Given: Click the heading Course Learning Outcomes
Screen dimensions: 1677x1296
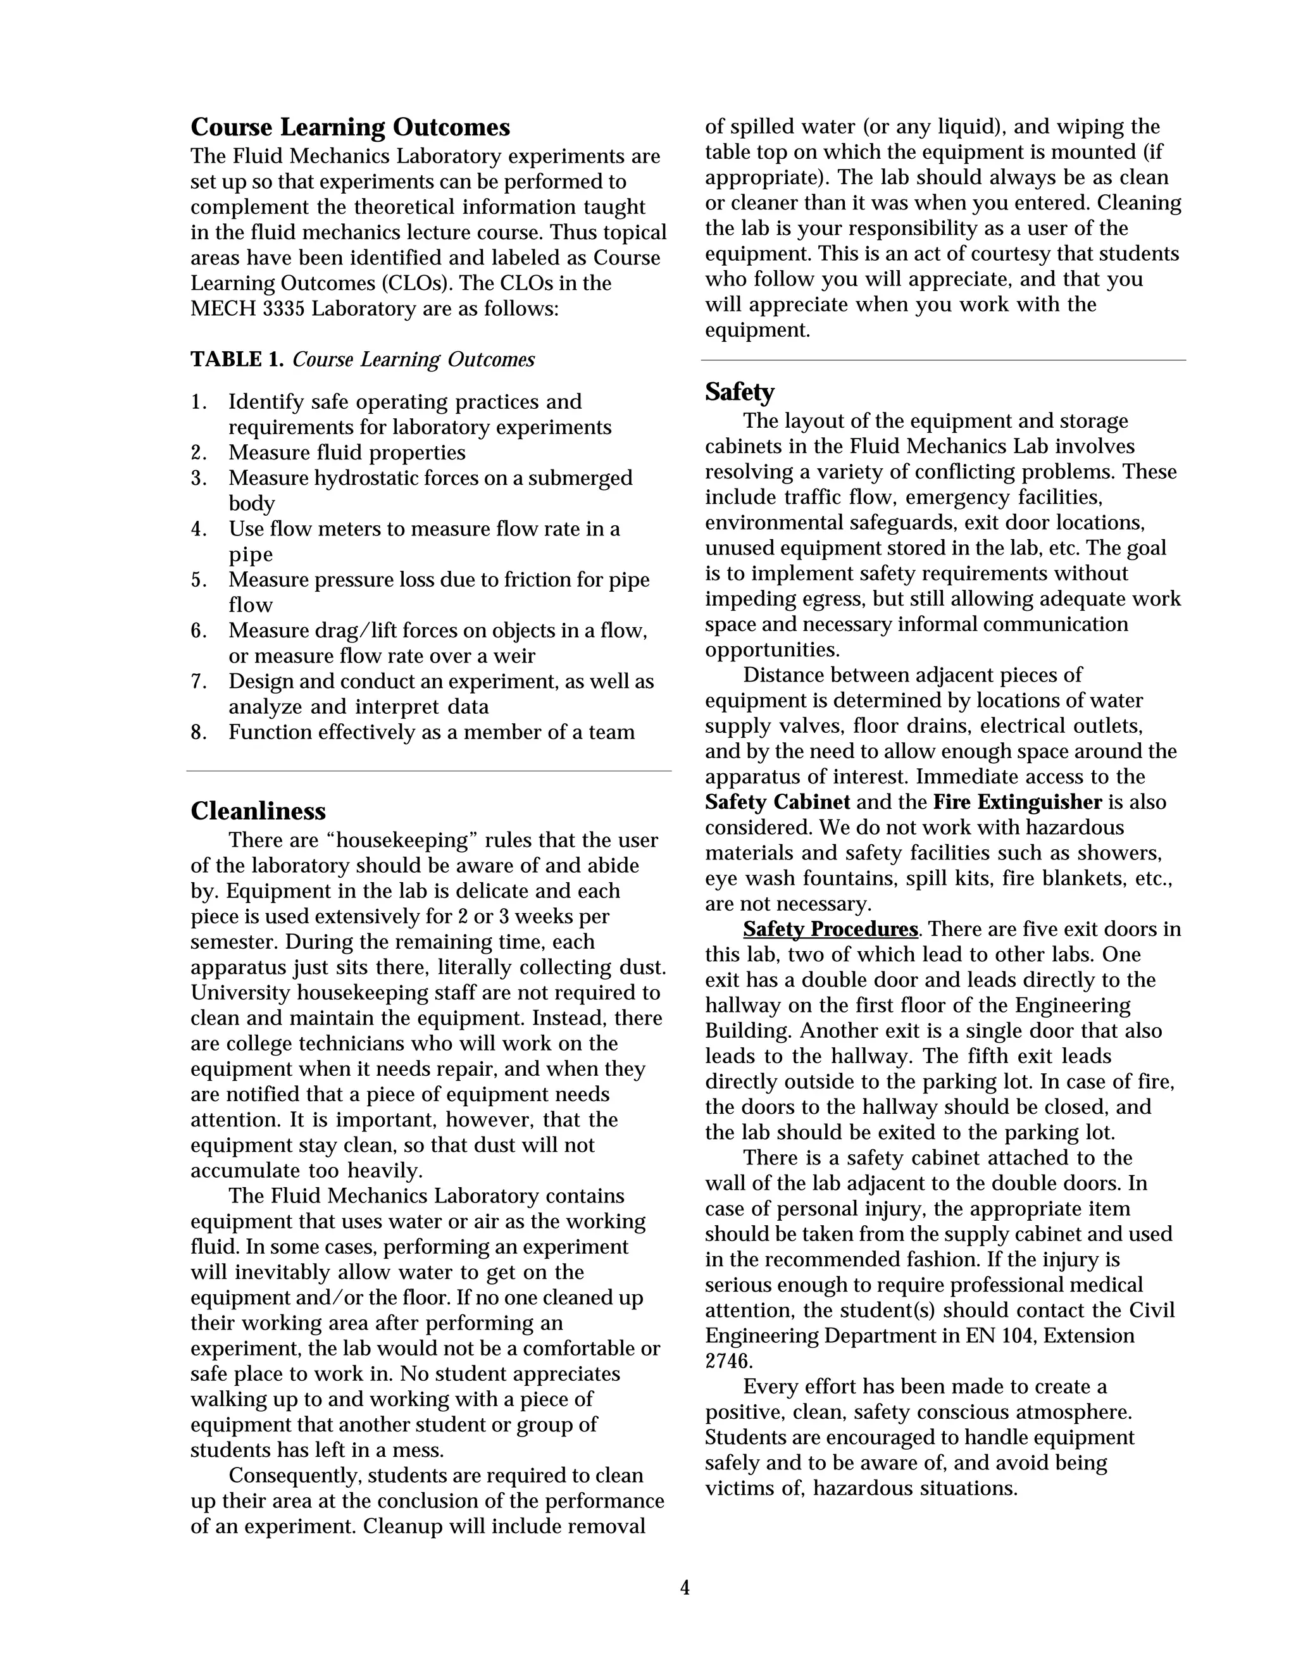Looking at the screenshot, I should [x=350, y=127].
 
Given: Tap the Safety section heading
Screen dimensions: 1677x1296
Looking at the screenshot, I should [x=739, y=392].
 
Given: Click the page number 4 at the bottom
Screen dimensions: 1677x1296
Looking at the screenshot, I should [x=685, y=1587].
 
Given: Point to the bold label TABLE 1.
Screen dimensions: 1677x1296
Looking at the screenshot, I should [x=237, y=359].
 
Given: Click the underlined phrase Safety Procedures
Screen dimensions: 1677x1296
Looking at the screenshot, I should [x=830, y=929].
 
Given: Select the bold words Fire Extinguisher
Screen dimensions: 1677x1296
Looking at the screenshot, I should [x=1018, y=802].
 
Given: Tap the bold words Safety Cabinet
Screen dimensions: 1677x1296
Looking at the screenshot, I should [x=777, y=802].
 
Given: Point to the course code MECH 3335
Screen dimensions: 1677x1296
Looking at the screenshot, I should [x=247, y=309].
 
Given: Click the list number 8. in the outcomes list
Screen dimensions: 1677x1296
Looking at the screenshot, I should [x=199, y=733].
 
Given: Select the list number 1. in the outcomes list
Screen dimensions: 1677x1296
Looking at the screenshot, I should [x=199, y=402].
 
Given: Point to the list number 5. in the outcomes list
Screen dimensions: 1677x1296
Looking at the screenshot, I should [x=199, y=580].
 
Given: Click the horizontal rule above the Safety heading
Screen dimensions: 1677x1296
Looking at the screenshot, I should [x=943, y=360].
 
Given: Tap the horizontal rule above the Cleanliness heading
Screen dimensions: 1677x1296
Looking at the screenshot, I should [x=428, y=770].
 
